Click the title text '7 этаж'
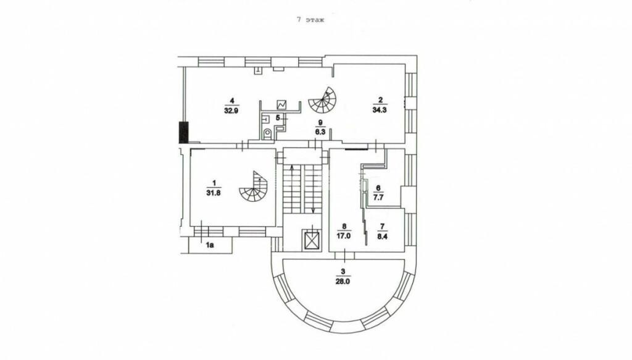310,20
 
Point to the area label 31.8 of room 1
214,193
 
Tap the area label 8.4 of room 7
383,235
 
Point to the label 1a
210,245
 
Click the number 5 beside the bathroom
278,117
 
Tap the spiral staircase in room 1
254,188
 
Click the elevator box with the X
312,240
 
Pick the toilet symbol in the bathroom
268,133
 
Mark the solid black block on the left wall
183,132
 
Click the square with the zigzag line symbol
283,105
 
